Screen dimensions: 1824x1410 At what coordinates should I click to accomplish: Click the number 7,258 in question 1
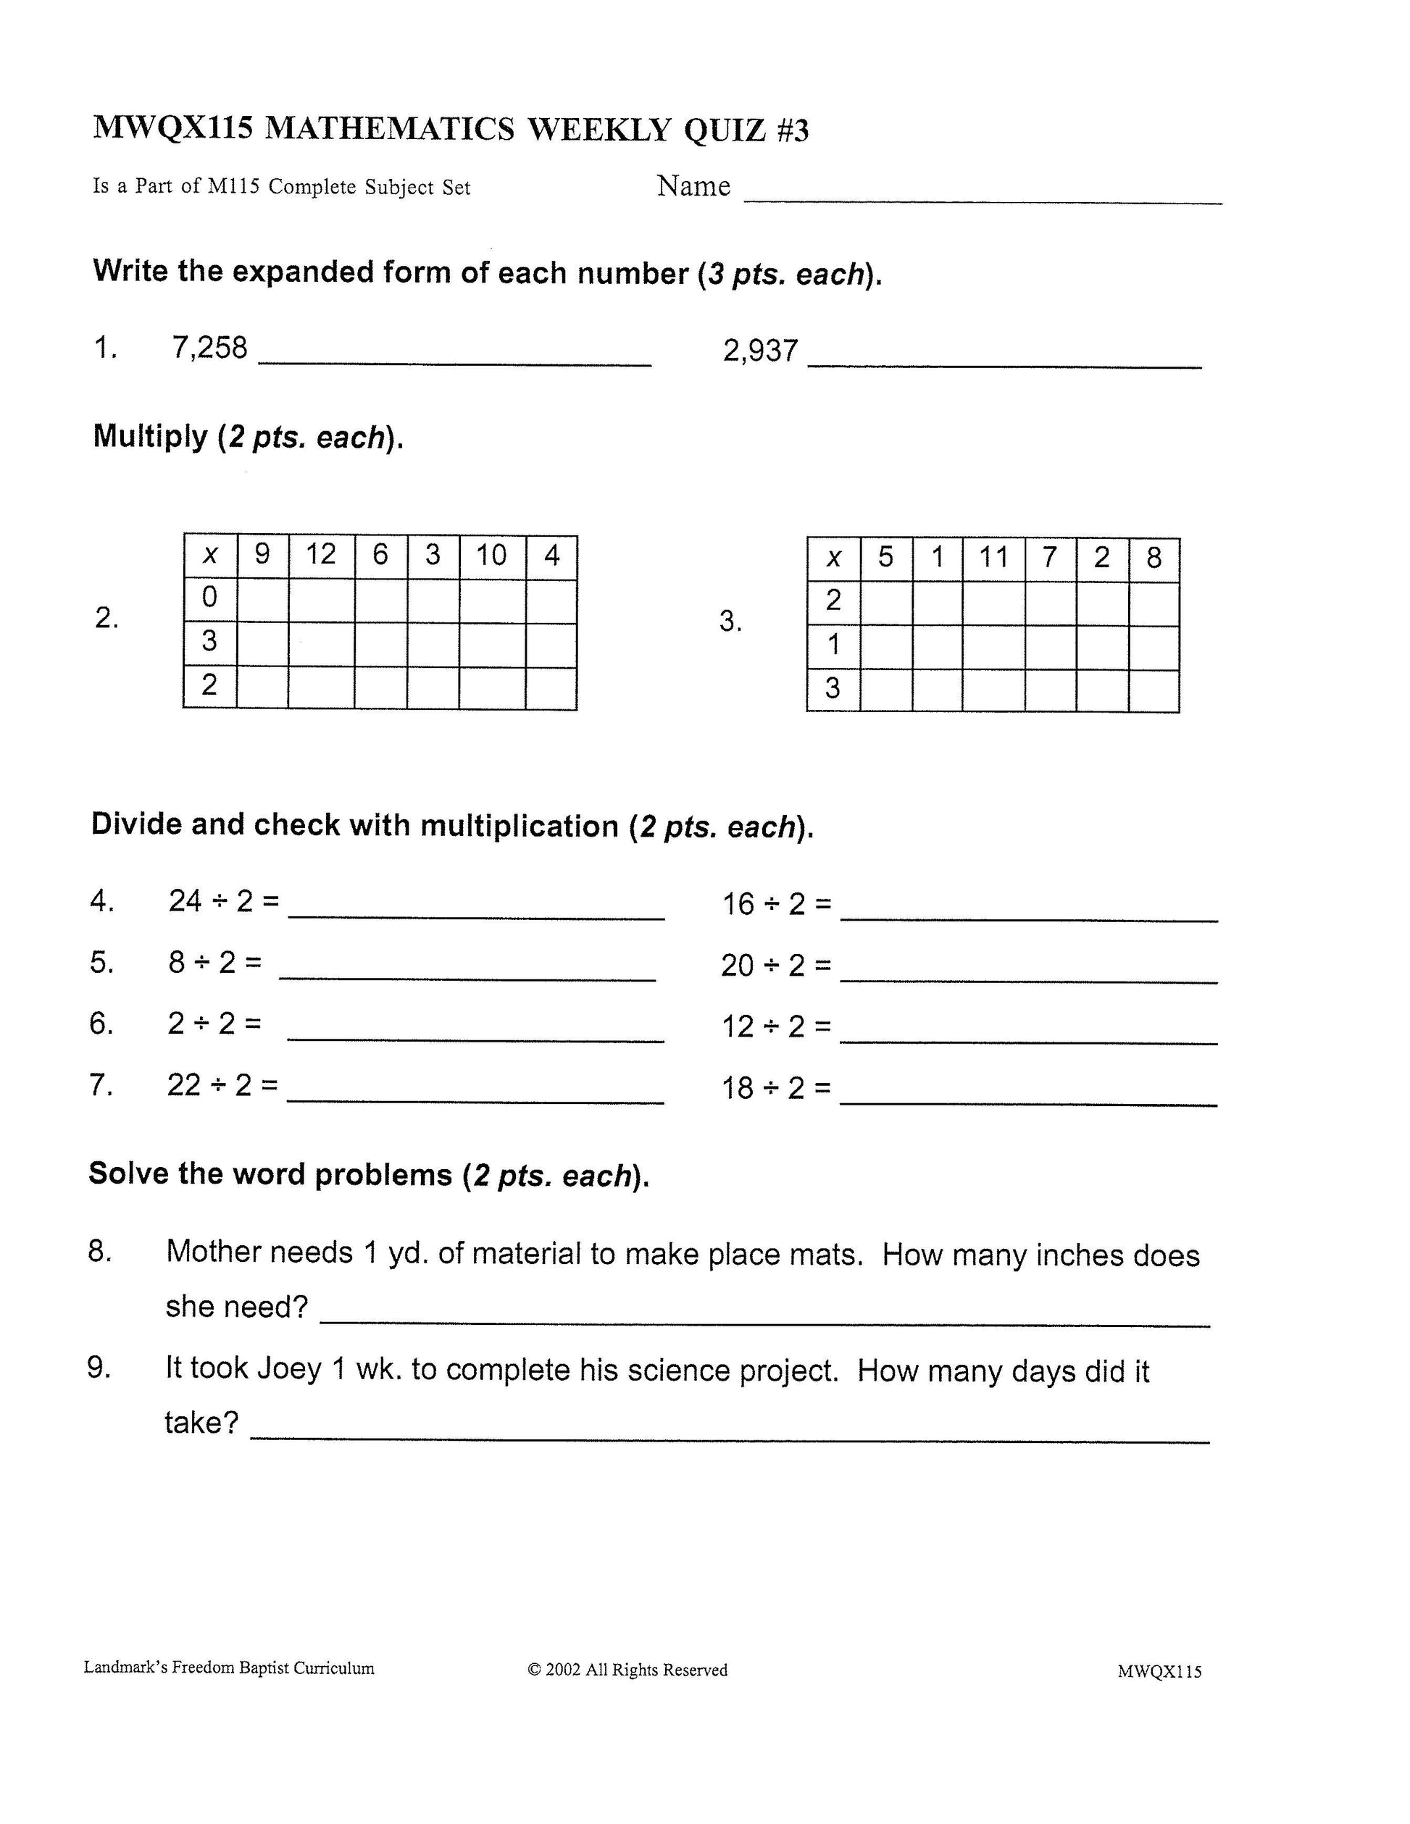[x=209, y=348]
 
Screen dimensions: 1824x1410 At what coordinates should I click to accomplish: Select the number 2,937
[x=760, y=351]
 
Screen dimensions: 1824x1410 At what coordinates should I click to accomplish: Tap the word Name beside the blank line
[x=693, y=185]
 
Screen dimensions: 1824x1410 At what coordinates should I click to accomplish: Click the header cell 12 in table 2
[x=321, y=555]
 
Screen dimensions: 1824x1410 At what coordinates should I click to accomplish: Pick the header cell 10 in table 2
[x=491, y=556]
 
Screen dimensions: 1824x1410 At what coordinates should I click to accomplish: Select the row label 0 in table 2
[x=209, y=597]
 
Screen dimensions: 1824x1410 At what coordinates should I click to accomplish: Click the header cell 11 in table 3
[x=993, y=557]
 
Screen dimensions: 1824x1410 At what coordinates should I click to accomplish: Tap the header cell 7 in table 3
[x=1050, y=557]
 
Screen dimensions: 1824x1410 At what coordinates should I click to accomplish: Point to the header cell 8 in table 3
[x=1154, y=558]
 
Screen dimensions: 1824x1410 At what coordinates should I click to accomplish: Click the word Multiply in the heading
[x=151, y=436]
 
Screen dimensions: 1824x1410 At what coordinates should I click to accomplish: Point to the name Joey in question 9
[x=289, y=1369]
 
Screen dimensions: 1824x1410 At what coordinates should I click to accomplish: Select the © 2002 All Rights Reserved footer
[x=627, y=1670]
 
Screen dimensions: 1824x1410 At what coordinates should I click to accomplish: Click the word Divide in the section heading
[x=136, y=824]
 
